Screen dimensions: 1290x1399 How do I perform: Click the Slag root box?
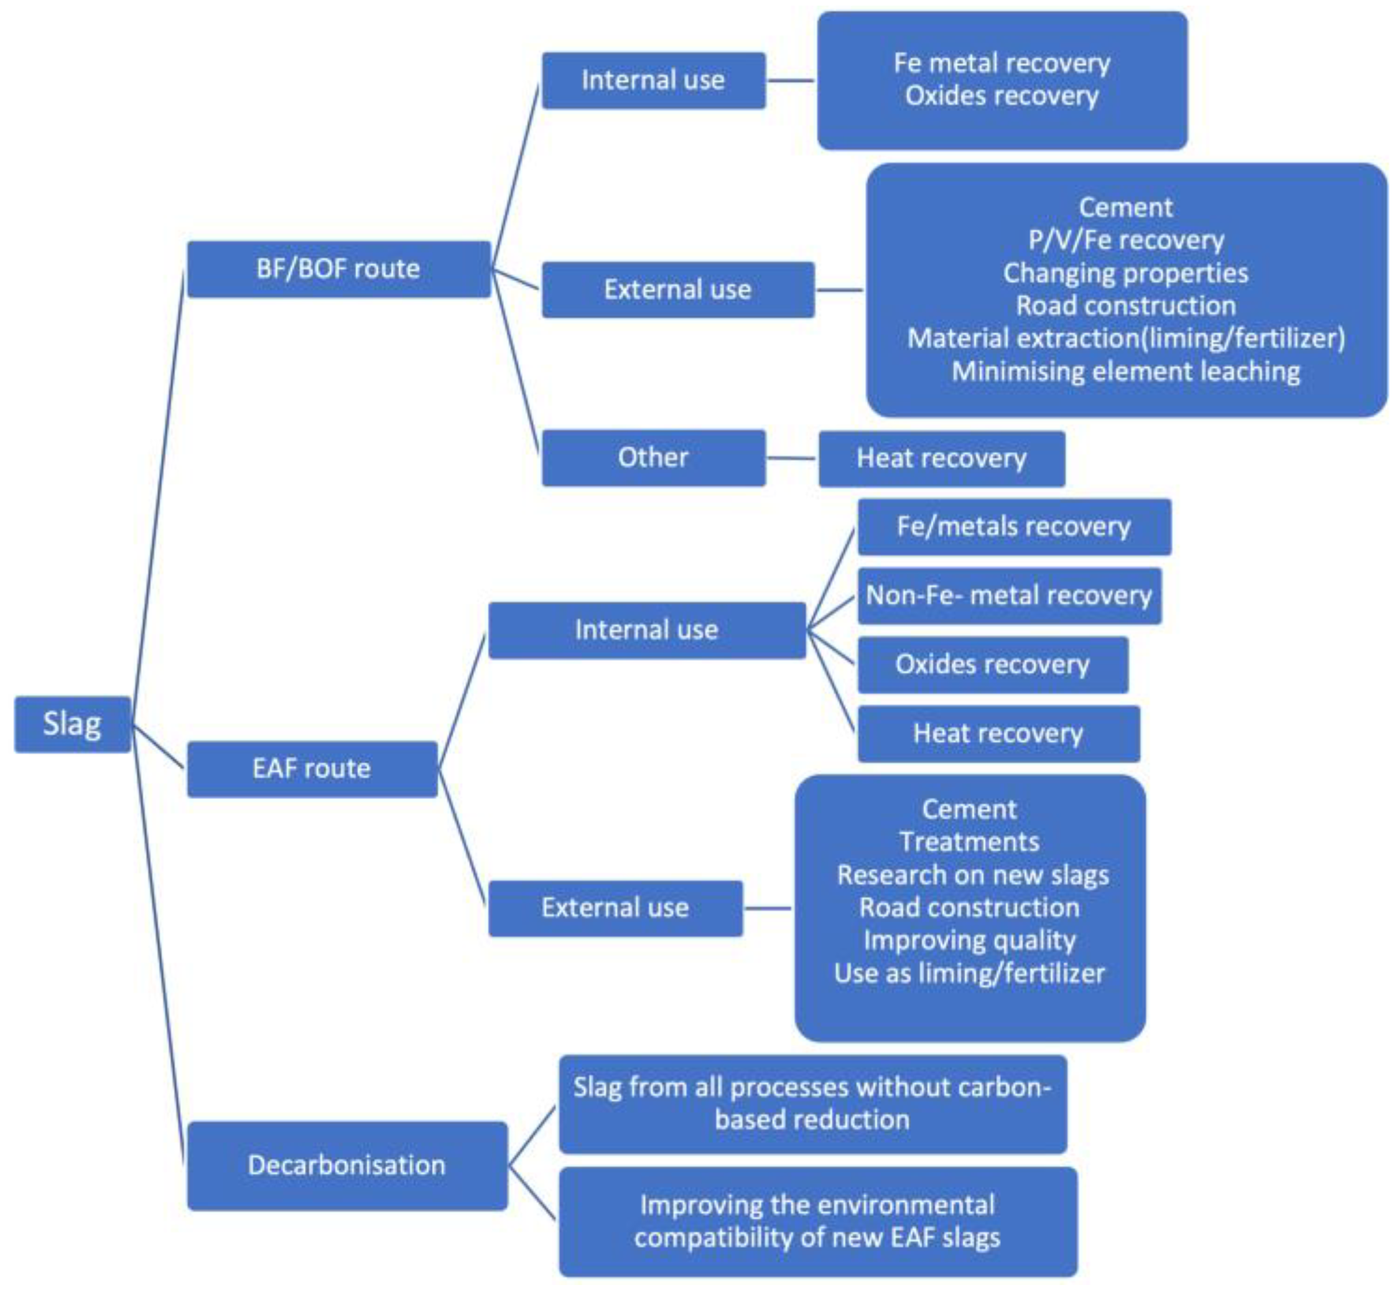73,724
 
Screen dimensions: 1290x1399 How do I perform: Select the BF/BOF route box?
338,269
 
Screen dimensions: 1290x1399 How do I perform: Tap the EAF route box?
312,769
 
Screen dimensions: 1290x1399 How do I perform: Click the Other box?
653,457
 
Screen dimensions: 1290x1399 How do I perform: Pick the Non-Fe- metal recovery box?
1009,596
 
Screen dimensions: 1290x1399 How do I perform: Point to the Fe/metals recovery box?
1014,526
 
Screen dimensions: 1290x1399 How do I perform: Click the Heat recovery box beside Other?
941,459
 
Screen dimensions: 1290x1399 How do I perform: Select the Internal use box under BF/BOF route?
653,80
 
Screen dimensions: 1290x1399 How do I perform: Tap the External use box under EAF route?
615,908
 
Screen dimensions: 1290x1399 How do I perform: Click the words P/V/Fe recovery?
1126,240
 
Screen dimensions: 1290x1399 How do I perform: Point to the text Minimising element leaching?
1126,372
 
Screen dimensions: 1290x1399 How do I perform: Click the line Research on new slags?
973,876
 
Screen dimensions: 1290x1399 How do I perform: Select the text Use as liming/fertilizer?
969,974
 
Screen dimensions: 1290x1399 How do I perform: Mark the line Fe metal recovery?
1002,63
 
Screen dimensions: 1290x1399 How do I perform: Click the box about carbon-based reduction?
813,1103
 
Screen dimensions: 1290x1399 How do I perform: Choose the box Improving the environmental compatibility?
818,1221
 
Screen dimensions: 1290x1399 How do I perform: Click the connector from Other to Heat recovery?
791,459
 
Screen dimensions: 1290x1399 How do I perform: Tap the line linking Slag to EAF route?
159,747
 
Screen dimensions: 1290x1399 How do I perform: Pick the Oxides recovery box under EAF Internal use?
992,665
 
